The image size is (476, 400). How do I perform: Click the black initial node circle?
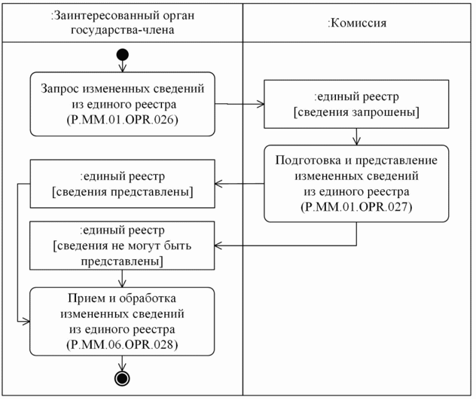tap(123, 55)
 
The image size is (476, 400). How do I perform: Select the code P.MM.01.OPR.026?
tap(123, 120)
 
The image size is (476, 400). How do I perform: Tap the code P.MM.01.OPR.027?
tap(355, 206)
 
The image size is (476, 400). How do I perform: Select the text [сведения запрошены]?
tap(355, 112)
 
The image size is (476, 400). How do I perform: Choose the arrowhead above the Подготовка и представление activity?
tap(356, 141)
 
